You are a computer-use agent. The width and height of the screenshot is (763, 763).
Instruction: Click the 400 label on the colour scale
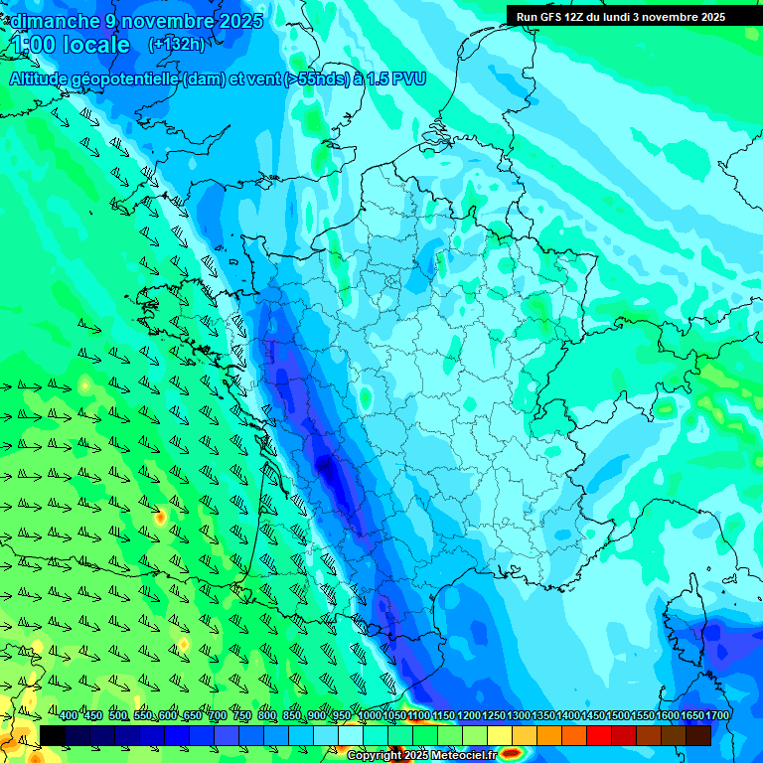(69, 715)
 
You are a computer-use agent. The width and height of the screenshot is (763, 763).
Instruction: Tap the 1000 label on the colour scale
(370, 715)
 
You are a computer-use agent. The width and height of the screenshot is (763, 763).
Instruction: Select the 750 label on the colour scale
(241, 715)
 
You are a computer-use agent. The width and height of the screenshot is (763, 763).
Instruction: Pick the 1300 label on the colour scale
(519, 715)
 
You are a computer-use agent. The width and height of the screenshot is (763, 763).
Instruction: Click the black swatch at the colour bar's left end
(53, 735)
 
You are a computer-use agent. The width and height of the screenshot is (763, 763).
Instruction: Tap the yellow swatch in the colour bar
(500, 735)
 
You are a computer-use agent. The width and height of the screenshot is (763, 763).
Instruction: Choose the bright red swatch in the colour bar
(599, 735)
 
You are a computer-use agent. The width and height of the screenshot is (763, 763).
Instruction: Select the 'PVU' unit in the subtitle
(407, 78)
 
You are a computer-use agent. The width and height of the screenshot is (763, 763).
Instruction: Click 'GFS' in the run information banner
(552, 17)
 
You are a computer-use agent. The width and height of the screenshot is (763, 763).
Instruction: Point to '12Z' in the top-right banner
(582, 17)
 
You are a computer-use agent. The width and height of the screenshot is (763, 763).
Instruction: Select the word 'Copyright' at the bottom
(377, 756)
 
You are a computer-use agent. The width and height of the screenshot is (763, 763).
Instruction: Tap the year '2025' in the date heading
(239, 21)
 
